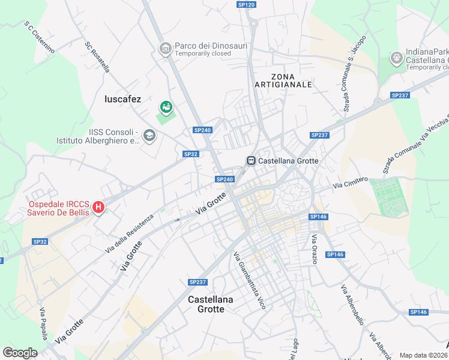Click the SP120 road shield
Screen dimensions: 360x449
click(x=246, y=5)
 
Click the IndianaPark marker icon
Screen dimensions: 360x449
click(x=396, y=58)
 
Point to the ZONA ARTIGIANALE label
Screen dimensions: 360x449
click(x=292, y=80)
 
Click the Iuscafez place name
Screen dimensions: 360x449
click(x=122, y=99)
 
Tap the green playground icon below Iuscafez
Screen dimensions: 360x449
click(x=166, y=107)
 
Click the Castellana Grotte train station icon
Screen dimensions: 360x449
click(x=250, y=161)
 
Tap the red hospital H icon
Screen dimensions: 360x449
click(x=98, y=208)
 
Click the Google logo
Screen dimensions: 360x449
click(x=20, y=353)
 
